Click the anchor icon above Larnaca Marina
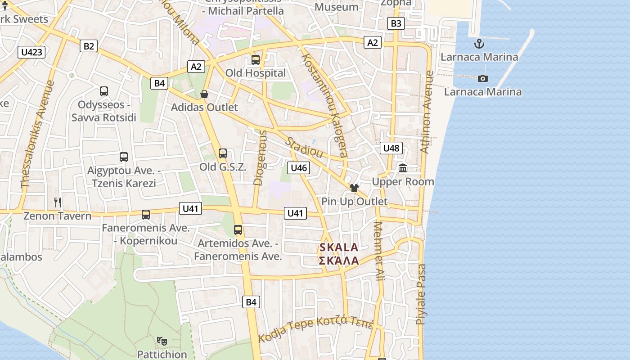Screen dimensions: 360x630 pos(479,44)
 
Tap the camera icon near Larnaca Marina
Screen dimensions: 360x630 pos(482,78)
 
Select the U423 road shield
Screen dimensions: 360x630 pos(32,52)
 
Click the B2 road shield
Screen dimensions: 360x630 pos(89,46)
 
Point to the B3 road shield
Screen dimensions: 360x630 pos(396,23)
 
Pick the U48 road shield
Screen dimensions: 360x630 pos(391,148)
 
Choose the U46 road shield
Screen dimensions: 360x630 pos(299,168)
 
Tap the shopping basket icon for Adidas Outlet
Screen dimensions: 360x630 pos(204,94)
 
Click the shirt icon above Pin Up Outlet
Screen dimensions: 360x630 pos(354,188)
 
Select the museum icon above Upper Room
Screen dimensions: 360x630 pos(403,168)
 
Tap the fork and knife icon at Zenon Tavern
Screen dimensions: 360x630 pos(58,202)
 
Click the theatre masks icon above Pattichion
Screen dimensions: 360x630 pos(162,341)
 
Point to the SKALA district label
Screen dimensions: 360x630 pos(339,247)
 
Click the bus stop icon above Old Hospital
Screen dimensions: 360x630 pos(256,59)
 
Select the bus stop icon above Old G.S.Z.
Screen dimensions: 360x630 pos(223,153)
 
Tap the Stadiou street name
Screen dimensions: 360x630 pos(305,147)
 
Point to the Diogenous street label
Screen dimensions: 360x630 pos(260,157)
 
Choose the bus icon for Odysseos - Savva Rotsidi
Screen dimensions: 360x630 pos(104,91)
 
